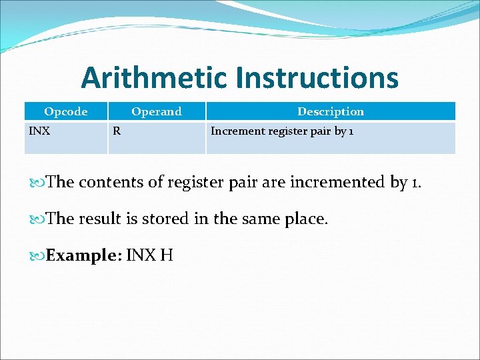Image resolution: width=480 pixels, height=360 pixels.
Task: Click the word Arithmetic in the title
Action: tap(155, 78)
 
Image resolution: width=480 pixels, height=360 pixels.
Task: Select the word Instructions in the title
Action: tap(317, 78)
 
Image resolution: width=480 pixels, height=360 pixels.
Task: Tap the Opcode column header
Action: tap(65, 111)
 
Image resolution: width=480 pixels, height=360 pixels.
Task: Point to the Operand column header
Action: tap(156, 111)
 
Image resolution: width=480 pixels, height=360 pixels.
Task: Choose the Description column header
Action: tap(331, 111)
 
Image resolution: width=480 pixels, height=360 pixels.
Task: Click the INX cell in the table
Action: tap(39, 131)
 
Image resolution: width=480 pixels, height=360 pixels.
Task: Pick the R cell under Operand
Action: tap(117, 131)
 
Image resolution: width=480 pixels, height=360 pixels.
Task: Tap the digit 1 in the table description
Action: tap(351, 131)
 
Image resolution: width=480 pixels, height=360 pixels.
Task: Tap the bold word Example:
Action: tap(83, 255)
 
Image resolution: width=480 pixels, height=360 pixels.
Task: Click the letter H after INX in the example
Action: tap(167, 255)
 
